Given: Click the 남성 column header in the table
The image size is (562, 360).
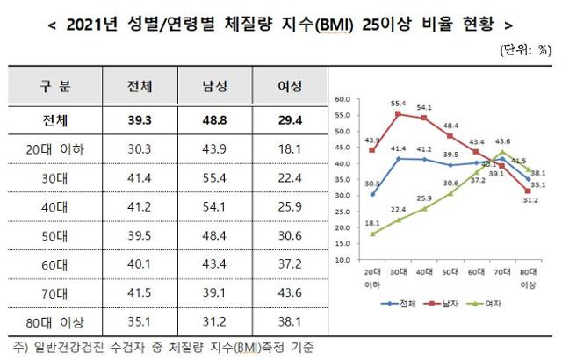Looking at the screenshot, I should [213, 87].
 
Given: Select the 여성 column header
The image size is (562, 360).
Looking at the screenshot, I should [289, 87].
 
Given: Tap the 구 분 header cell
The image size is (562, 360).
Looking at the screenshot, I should [56, 87].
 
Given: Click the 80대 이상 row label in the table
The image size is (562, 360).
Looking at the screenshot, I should [56, 322].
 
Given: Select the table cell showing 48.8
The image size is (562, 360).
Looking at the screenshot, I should [213, 118].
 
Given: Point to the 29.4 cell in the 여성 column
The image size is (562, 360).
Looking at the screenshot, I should [289, 118].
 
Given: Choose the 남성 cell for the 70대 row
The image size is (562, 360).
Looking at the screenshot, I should [213, 293].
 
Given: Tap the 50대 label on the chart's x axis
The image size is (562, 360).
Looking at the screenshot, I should [450, 273].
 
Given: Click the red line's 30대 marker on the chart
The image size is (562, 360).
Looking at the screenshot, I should [400, 114].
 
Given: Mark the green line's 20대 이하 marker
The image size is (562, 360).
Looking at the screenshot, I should [373, 234].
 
